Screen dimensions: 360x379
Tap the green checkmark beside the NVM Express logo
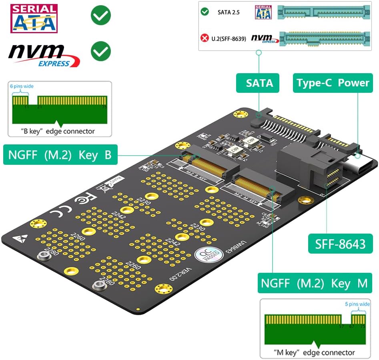tap(100, 52)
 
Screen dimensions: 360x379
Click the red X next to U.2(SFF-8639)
tap(205, 38)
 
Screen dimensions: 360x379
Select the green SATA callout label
tap(259, 83)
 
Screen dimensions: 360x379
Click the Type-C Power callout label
tap(333, 83)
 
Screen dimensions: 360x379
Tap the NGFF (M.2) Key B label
tap(60, 154)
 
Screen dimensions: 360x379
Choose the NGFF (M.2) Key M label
tap(314, 283)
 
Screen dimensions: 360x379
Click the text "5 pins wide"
tap(357, 304)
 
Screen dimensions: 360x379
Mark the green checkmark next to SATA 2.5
tap(205, 12)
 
